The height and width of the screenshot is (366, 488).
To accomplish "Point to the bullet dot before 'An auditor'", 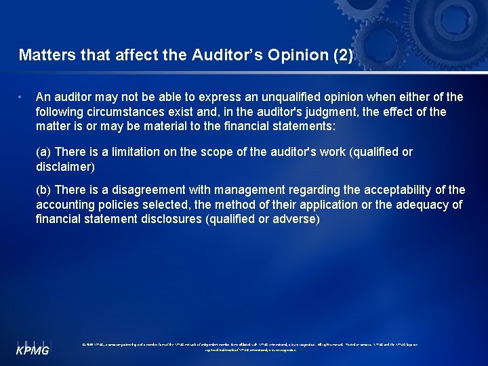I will tap(22, 96).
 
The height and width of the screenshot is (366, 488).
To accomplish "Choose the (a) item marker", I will tap(43, 152).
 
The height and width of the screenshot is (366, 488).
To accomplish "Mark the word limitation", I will tap(135, 152).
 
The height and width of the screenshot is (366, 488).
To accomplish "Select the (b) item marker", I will tap(43, 190).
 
